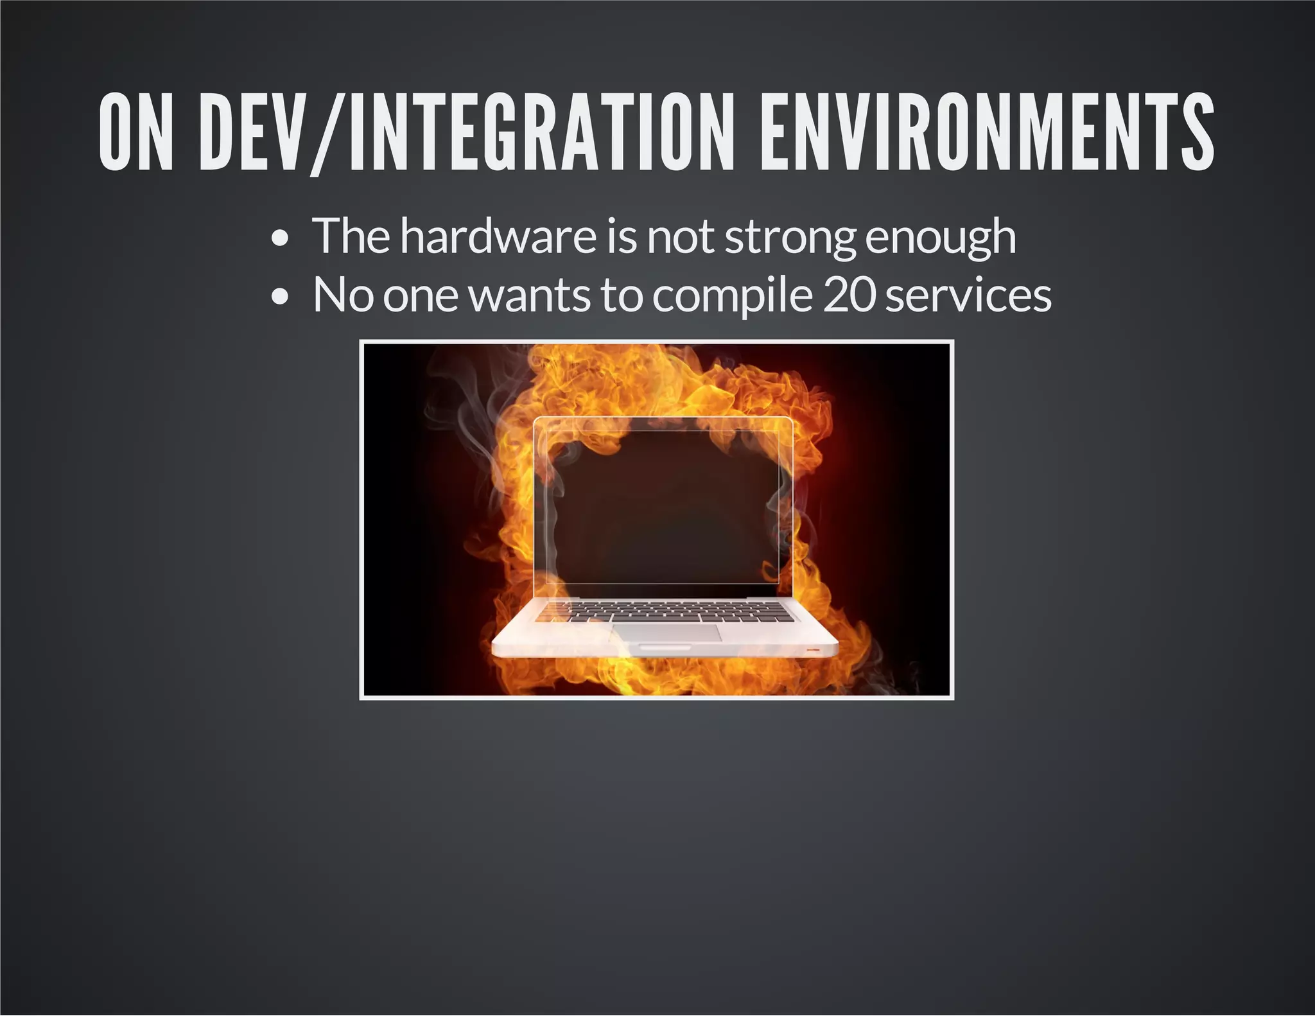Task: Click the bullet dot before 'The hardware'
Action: pyautogui.click(x=279, y=240)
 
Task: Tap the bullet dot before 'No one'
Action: pyautogui.click(x=279, y=297)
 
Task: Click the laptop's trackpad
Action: pyautogui.click(x=667, y=632)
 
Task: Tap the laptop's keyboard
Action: pyautogui.click(x=665, y=611)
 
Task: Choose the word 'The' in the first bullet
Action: pyautogui.click(x=351, y=236)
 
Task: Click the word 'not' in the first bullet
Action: pyautogui.click(x=681, y=237)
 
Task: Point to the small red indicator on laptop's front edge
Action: pyautogui.click(x=814, y=650)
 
